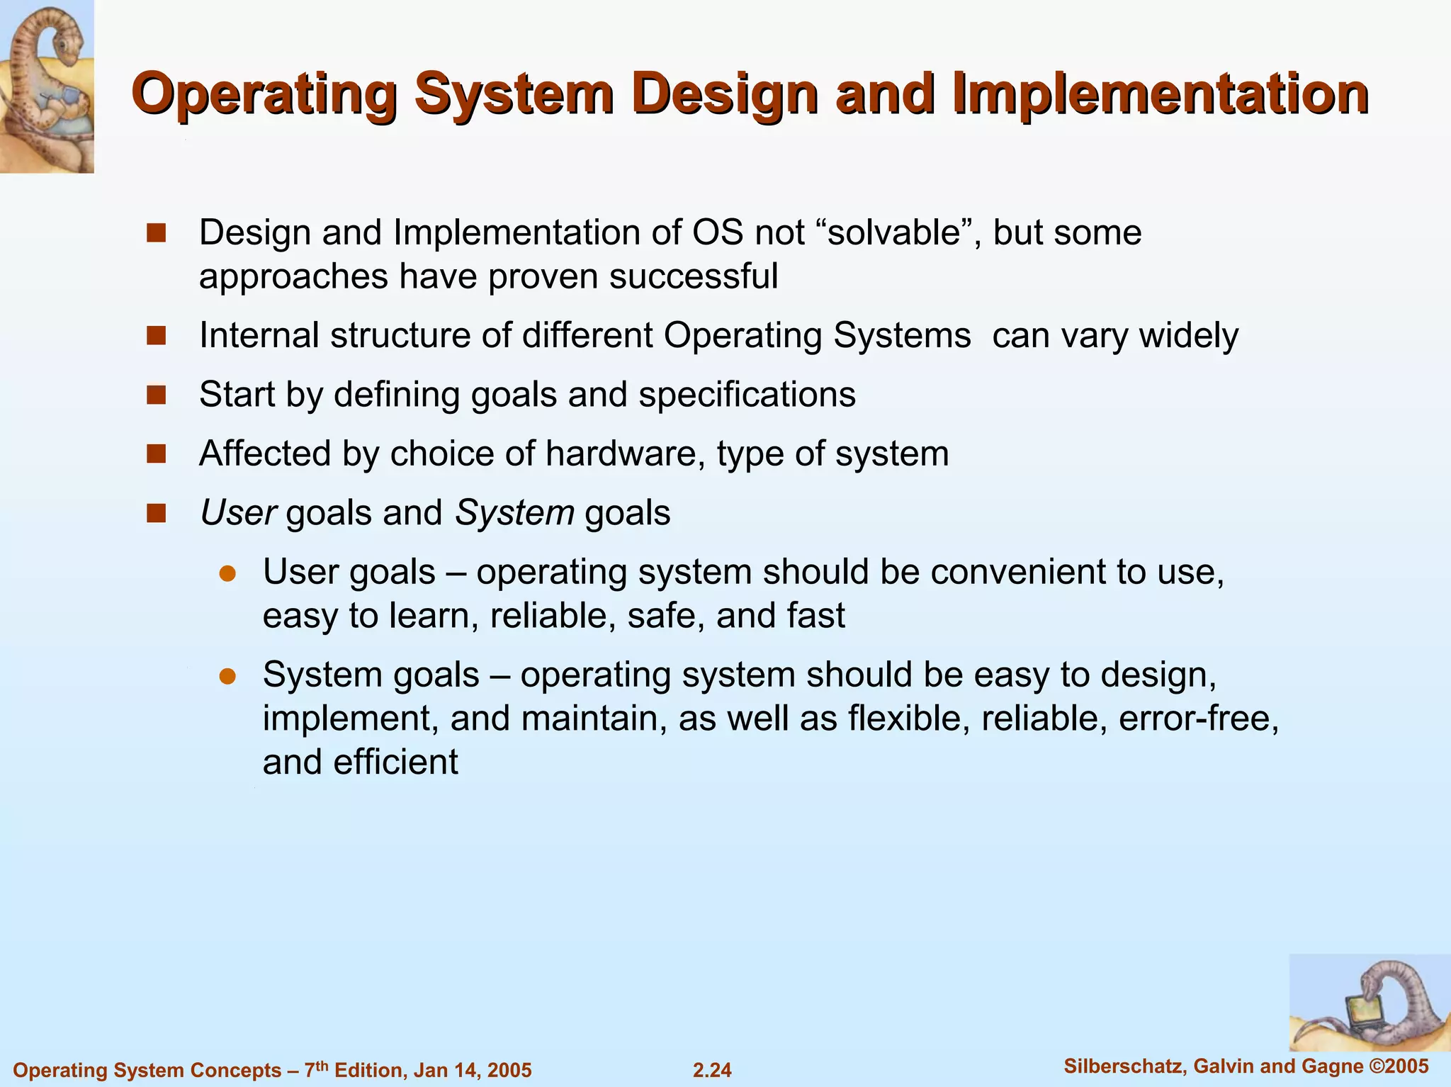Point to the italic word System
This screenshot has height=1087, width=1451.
pyautogui.click(x=514, y=513)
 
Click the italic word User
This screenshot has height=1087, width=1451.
pyautogui.click(x=238, y=513)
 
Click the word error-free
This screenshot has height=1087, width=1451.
pyautogui.click(x=1199, y=719)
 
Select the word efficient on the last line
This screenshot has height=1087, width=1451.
pyautogui.click(x=396, y=762)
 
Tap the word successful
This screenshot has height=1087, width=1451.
pyautogui.click(x=693, y=276)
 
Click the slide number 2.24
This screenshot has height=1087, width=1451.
pyautogui.click(x=712, y=1070)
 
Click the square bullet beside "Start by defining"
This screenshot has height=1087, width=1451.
pyautogui.click(x=156, y=395)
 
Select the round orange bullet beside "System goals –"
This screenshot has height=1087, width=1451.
pyautogui.click(x=227, y=676)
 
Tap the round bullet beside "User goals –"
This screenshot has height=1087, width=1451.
pyautogui.click(x=227, y=573)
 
